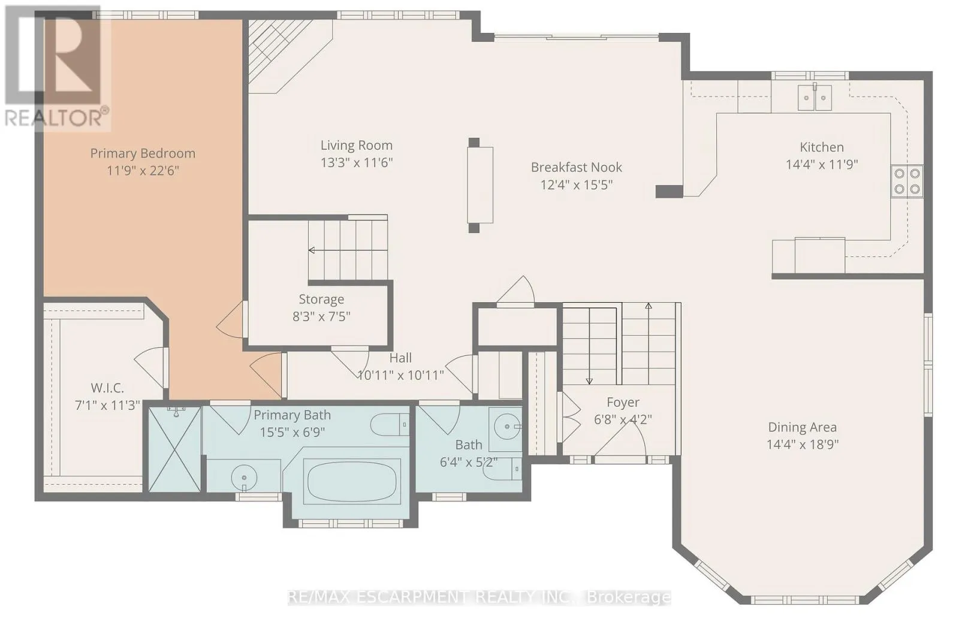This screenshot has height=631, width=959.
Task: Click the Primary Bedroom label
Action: pos(143,153)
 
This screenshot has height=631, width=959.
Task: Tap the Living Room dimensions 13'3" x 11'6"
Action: pos(357,162)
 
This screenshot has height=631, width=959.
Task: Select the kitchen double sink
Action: pos(815,98)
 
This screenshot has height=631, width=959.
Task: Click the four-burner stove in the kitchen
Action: pos(907,181)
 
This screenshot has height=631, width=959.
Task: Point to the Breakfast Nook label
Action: pos(576,167)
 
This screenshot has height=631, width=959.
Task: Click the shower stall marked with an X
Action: pos(174,449)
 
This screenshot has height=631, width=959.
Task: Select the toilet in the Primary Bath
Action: pos(389,424)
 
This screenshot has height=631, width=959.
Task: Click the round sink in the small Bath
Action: pos(506,427)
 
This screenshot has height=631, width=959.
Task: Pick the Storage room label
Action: pos(321,299)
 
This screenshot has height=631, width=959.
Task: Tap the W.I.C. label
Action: pos(107,388)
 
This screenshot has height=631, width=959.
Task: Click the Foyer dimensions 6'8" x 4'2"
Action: pos(623,419)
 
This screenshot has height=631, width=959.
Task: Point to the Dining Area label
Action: pos(803,427)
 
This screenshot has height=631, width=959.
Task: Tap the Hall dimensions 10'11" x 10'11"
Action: pos(401,376)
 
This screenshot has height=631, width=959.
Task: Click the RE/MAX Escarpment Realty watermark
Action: pos(479,597)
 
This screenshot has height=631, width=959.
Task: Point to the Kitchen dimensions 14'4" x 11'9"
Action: pos(822,164)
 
